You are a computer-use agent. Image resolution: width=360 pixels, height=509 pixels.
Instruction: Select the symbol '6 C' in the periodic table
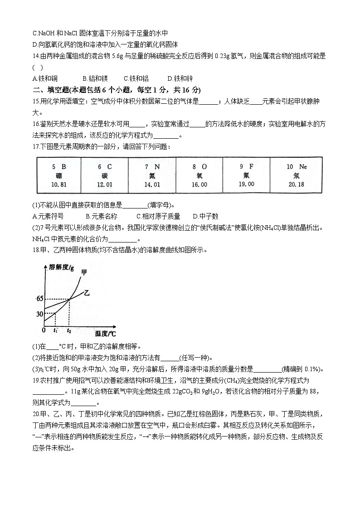point(104,167)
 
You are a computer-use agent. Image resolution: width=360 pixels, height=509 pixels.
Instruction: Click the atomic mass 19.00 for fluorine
point(247,184)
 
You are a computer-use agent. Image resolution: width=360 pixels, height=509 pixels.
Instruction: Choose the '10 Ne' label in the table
point(297,167)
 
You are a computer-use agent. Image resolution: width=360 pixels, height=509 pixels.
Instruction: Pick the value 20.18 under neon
point(297,184)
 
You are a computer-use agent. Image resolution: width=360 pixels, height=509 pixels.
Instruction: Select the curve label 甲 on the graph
point(83,272)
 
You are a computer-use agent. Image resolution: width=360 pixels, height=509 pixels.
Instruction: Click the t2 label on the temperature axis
point(69,331)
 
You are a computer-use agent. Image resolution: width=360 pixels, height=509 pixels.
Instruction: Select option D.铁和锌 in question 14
point(180,78)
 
